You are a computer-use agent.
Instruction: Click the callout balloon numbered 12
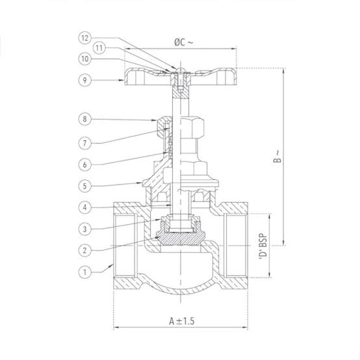click(x=85, y=38)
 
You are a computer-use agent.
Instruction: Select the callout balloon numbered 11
click(x=99, y=48)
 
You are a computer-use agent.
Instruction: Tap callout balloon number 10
click(x=85, y=58)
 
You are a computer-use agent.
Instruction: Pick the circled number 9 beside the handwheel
click(x=85, y=80)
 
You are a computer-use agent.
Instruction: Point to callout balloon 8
click(x=85, y=119)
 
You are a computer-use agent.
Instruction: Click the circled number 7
click(x=85, y=143)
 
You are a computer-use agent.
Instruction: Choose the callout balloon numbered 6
click(x=85, y=164)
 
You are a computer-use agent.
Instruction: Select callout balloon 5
click(x=85, y=186)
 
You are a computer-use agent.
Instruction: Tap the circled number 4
click(x=85, y=207)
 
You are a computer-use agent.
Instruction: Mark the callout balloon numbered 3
click(x=85, y=229)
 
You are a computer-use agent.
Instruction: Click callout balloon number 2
click(x=85, y=250)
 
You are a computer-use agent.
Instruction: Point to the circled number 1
click(x=85, y=272)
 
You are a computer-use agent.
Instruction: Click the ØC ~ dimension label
click(x=183, y=42)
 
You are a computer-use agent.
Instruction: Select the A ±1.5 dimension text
click(x=181, y=321)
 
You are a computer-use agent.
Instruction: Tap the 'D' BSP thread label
click(x=263, y=247)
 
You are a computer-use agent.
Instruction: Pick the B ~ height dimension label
click(x=277, y=157)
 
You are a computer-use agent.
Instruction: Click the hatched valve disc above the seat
click(x=181, y=238)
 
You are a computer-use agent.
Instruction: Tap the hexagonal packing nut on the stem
click(x=181, y=127)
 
